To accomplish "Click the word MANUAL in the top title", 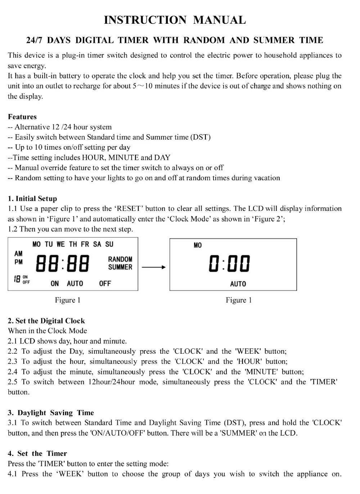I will pos(219,20).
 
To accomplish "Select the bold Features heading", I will pos(22,117).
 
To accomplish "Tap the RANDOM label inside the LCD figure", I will pos(120,259).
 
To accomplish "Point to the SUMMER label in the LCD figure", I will pos(120,267).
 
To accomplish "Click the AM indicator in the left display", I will pos(18,254).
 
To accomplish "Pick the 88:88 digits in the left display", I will pos(62,263).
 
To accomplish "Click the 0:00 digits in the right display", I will pos(229,264).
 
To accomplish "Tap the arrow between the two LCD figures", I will pos(154,267).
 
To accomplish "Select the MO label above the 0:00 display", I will pos(198,245).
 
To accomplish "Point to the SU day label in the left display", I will pos(109,244).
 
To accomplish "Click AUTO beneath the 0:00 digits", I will pos(238,284).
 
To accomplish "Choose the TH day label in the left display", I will pos(73,244).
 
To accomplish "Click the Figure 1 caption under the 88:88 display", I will pos(68,300).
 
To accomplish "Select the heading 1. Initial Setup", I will pos(32,199).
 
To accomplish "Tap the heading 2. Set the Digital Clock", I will pos(46,321).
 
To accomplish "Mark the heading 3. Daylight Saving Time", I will pos(51,413).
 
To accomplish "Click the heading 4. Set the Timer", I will pos(37,453).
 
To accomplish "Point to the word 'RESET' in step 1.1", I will pos(129,209).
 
